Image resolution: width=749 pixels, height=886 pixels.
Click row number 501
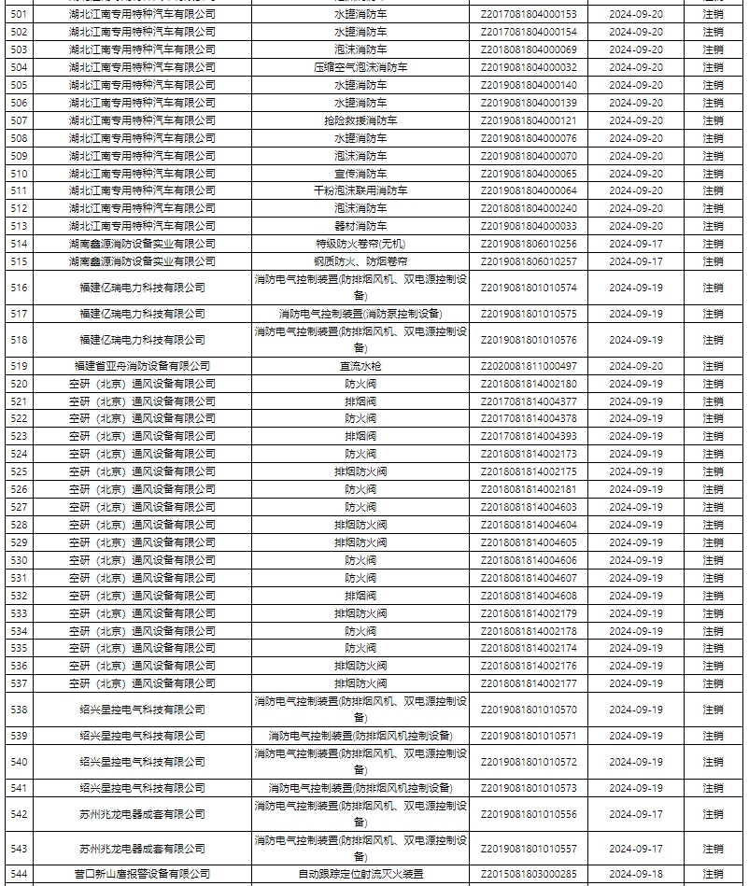pyautogui.click(x=19, y=14)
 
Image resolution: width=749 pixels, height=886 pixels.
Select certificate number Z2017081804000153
pyautogui.click(x=529, y=14)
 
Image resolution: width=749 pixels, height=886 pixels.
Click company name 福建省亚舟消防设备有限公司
pyautogui.click(x=142, y=366)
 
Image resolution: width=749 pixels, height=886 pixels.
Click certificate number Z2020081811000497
pyautogui.click(x=529, y=366)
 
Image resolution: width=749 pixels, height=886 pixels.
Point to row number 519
pyautogui.click(x=19, y=366)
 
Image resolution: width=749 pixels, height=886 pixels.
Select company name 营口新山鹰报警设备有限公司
pyautogui.click(x=142, y=874)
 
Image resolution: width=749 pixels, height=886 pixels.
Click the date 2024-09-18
pyautogui.click(x=635, y=874)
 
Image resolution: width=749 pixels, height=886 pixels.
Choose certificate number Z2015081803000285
pyautogui.click(x=529, y=874)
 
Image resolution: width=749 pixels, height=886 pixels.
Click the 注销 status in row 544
pyautogui.click(x=713, y=874)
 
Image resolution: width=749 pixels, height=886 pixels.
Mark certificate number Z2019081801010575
pyautogui.click(x=529, y=314)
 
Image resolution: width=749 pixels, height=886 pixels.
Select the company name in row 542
pyautogui.click(x=142, y=814)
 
